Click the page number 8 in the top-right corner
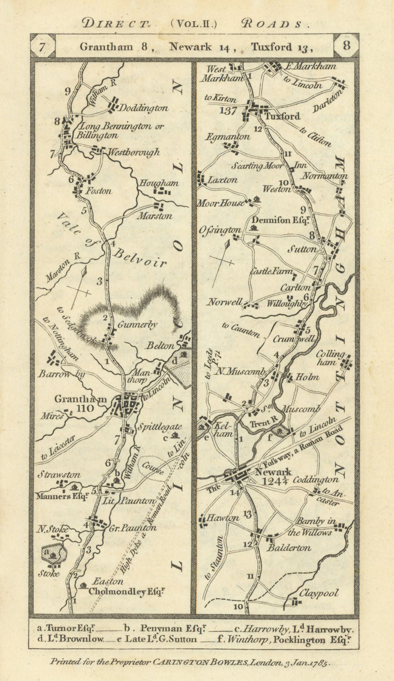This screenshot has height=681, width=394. tap(347, 46)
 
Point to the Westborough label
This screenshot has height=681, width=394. tap(133, 152)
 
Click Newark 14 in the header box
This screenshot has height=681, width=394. tap(202, 47)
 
